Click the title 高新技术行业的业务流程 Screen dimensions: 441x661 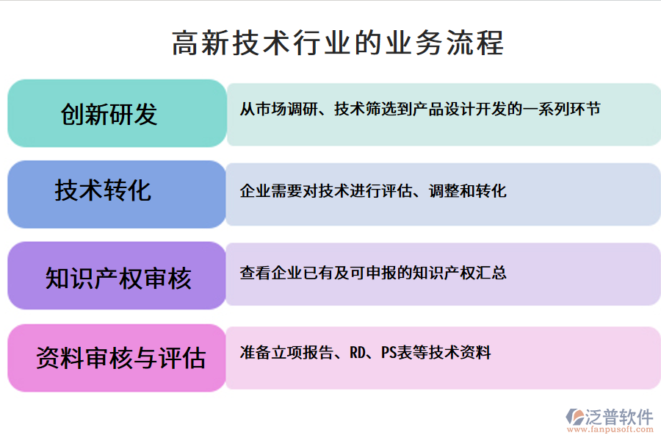tap(338, 43)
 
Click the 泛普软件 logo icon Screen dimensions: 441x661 tap(574, 416)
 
